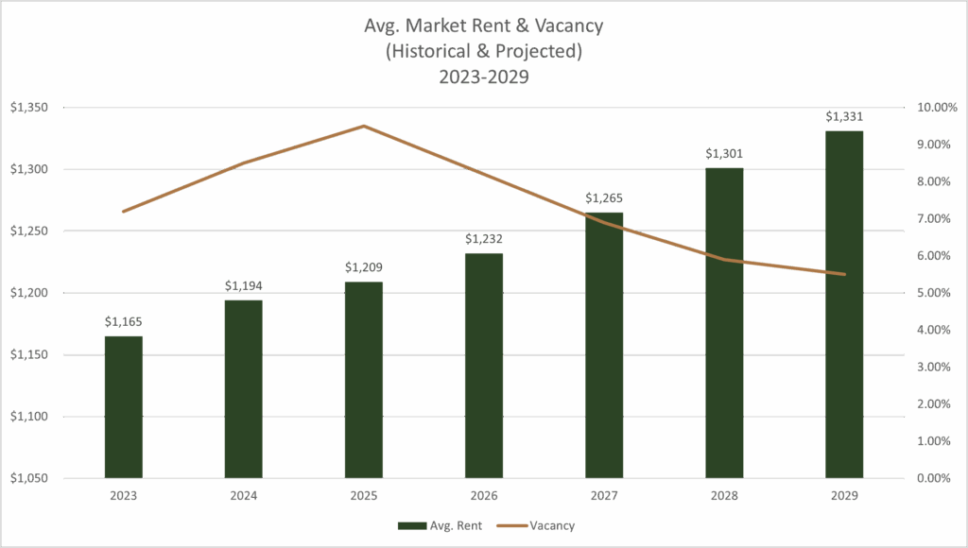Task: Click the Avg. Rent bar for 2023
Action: [x=123, y=406]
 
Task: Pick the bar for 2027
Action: [x=604, y=345]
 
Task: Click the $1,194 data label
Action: [x=243, y=285]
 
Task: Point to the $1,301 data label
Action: [x=724, y=153]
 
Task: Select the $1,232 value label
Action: [x=483, y=239]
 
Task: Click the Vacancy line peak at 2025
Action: [x=363, y=125]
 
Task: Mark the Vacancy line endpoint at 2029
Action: [x=844, y=274]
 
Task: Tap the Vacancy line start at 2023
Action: [x=123, y=212]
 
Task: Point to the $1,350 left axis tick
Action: [x=28, y=108]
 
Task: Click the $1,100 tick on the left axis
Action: [x=28, y=417]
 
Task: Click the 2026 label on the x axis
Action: [x=483, y=494]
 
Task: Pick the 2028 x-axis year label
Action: [x=724, y=494]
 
